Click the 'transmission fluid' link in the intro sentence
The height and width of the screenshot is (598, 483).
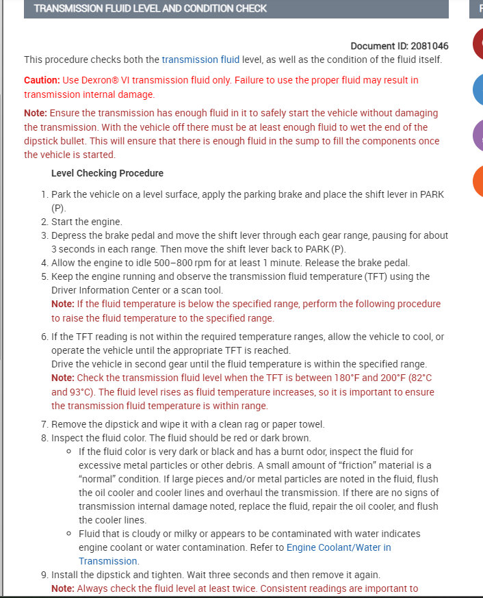tap(200, 60)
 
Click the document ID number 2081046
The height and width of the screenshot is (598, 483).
tap(430, 46)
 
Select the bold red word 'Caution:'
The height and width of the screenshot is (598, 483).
tap(42, 80)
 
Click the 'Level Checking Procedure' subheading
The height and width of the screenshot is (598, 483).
tap(107, 173)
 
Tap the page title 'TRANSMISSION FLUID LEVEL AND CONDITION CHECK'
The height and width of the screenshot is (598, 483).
tap(151, 8)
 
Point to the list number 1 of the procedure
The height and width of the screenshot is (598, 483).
tap(44, 194)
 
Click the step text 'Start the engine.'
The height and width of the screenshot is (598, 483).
tap(87, 222)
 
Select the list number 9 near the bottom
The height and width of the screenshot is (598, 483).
tap(44, 575)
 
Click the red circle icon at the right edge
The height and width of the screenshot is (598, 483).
tap(478, 44)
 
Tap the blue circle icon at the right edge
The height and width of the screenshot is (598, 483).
tap(478, 89)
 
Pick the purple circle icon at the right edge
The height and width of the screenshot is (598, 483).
tap(478, 135)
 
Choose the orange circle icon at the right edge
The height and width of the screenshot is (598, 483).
tap(478, 181)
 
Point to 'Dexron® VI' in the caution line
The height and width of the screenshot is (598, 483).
tap(105, 80)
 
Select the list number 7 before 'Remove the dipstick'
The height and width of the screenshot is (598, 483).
tap(44, 424)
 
